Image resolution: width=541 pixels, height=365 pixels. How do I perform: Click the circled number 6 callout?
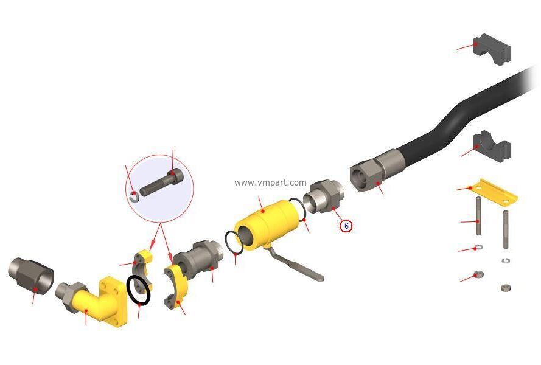click(x=346, y=226)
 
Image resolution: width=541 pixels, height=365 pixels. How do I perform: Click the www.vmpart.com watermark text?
click(x=270, y=182)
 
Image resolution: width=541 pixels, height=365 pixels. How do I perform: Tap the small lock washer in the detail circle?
click(x=134, y=197)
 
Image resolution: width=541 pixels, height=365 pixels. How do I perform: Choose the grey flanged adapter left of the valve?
click(x=198, y=259)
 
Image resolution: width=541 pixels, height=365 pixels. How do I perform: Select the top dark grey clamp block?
click(x=492, y=49)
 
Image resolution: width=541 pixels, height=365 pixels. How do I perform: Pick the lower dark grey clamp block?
click(x=492, y=146)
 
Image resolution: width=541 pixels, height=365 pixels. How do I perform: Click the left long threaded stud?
click(x=478, y=216)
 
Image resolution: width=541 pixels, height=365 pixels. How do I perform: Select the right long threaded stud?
click(x=506, y=229)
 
